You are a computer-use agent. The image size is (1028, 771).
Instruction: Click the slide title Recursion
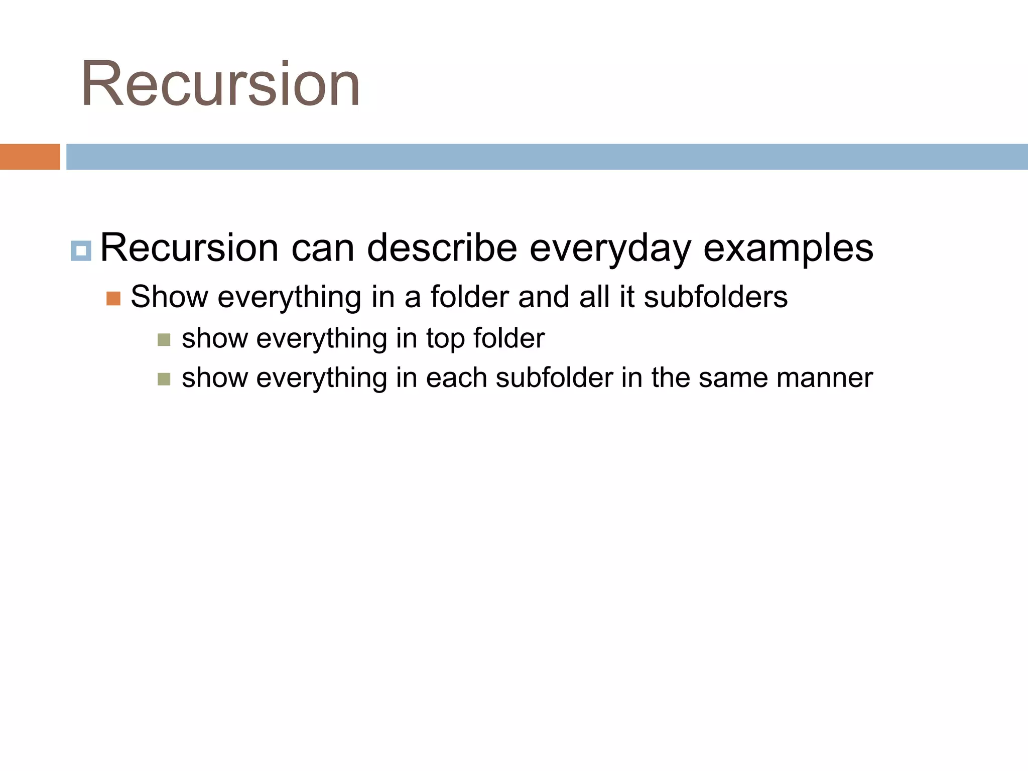[220, 84]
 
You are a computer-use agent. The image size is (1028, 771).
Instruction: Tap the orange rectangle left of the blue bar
[30, 157]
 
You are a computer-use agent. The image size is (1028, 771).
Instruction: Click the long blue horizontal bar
[546, 157]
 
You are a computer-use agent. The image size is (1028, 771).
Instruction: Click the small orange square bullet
[113, 299]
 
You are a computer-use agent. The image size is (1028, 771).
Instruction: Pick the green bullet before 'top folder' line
[164, 340]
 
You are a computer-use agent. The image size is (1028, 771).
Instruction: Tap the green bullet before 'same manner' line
[164, 379]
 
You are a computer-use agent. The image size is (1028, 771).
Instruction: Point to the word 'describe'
[442, 247]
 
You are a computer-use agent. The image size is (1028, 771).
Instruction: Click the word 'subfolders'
[716, 297]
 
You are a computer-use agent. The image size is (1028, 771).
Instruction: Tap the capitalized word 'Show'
[169, 297]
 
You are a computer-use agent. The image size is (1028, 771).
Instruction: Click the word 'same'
[732, 378]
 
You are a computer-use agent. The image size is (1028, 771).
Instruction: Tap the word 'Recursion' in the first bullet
[189, 248]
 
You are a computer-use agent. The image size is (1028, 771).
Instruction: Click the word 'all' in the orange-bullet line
[595, 297]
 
